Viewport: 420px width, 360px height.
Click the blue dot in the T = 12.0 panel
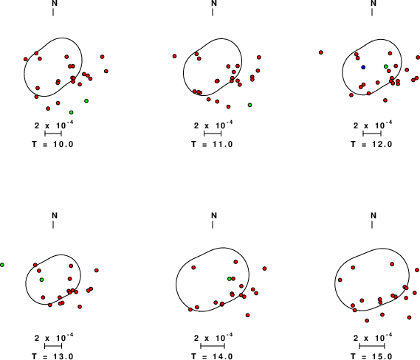(x=363, y=67)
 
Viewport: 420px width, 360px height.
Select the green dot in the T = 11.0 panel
(x=249, y=105)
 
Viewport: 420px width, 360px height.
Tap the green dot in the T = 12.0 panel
(x=386, y=66)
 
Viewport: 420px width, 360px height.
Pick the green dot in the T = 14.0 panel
(x=230, y=279)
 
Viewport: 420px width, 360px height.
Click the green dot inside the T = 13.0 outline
(x=41, y=280)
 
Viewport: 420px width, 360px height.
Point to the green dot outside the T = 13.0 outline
(x=2, y=265)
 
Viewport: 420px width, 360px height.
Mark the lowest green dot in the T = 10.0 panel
(x=71, y=112)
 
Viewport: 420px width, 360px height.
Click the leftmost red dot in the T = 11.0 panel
(x=174, y=56)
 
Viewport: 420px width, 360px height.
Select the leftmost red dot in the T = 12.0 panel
(x=321, y=52)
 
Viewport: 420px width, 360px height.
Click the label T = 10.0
(x=52, y=145)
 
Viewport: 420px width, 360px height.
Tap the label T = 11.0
(x=212, y=145)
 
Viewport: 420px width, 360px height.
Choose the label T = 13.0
(x=52, y=356)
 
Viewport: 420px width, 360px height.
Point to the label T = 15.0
(x=371, y=356)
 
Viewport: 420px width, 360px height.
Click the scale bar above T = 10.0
(x=53, y=134)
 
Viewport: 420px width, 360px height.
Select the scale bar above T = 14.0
(x=213, y=346)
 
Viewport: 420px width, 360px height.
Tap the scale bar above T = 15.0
(x=372, y=346)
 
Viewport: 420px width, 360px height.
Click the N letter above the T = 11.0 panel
(x=214, y=3)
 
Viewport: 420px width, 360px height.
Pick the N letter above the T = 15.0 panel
(x=373, y=215)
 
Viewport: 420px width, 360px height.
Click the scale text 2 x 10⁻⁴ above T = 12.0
(x=373, y=125)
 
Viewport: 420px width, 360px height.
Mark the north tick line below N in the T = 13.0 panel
(x=53, y=224)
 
